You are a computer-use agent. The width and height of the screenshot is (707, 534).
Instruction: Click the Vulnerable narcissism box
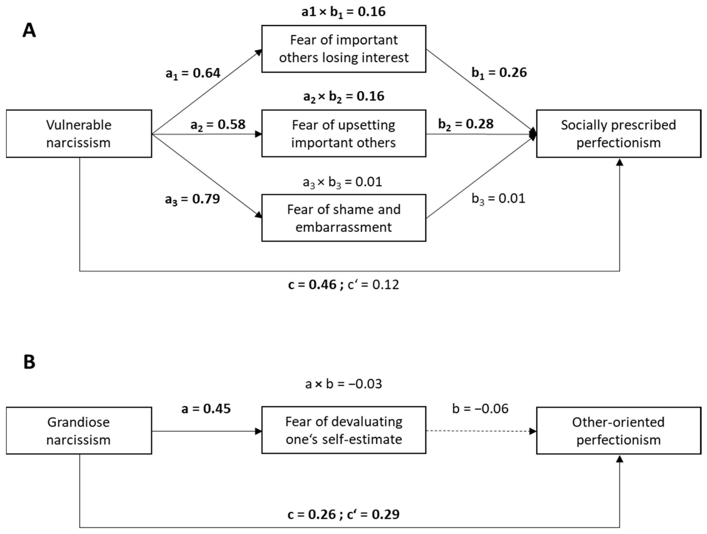79,134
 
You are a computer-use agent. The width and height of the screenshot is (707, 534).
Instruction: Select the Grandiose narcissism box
79,431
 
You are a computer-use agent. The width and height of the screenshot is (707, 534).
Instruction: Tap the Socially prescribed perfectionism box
619,134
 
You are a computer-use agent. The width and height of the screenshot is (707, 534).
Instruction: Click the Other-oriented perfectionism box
619,431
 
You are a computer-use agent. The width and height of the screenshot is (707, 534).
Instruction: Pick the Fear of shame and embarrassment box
344,218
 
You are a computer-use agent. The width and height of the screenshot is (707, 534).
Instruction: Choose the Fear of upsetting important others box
344,133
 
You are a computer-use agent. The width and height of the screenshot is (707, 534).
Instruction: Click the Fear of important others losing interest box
344,49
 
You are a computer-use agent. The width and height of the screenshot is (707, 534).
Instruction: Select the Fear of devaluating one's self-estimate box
344,430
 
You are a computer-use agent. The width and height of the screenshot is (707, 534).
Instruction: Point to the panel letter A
29,31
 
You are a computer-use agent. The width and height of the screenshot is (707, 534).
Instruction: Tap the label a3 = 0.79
192,199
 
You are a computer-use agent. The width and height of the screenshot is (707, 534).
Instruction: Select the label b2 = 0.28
466,124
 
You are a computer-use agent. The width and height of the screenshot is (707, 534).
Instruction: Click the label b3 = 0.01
498,199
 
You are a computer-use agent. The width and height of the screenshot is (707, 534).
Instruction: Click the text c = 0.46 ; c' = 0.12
344,284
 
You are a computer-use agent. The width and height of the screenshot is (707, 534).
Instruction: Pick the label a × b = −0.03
344,384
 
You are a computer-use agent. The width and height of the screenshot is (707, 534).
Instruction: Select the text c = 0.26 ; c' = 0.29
344,514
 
